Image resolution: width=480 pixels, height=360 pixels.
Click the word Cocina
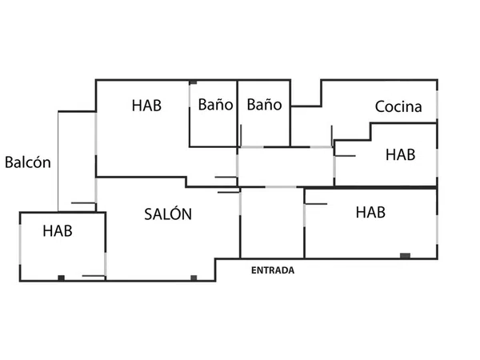coord(399,106)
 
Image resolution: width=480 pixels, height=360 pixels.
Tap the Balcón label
coord(28,162)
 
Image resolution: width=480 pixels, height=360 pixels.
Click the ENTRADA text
coord(273,270)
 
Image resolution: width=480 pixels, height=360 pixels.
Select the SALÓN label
coord(168,214)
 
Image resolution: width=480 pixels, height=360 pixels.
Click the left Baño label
coord(215,105)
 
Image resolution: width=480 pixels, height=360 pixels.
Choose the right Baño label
coord(264,105)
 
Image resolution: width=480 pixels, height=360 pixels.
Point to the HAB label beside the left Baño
coord(147,105)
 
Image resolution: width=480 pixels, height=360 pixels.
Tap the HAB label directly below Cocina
coord(400,154)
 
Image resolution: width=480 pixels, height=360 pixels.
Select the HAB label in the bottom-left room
coord(58,231)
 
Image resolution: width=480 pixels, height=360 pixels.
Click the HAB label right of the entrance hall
coord(370,212)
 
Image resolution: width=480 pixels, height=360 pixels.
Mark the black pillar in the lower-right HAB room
coord(405,255)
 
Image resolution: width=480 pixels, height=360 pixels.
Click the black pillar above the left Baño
coord(194,82)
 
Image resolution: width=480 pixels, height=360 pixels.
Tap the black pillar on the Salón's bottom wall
coord(193,277)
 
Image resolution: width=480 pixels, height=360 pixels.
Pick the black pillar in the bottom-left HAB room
coord(61,277)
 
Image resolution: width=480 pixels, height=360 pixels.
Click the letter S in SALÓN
coord(149,214)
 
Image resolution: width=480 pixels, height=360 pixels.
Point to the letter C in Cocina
coord(379,106)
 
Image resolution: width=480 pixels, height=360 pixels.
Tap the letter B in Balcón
coord(9,162)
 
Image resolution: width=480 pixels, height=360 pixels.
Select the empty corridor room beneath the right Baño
coord(285,166)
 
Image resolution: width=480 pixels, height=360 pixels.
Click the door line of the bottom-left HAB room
coord(94,276)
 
